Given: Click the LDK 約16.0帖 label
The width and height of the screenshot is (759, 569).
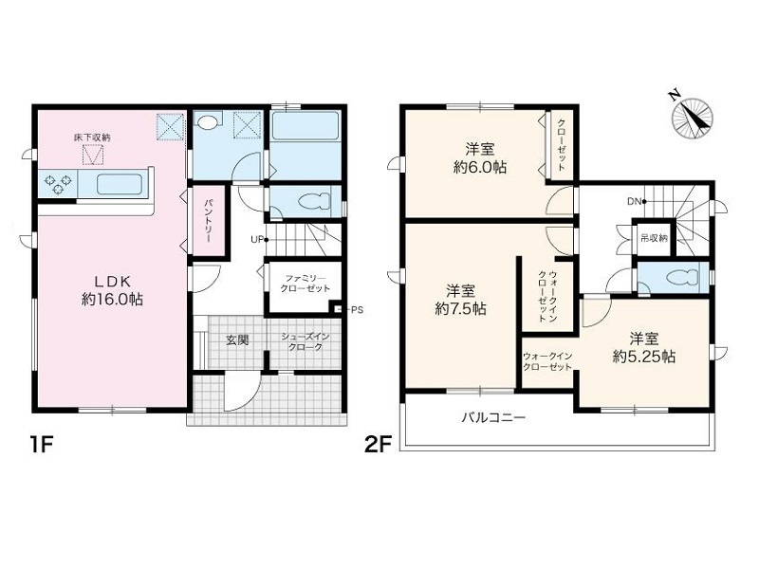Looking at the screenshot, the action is pyautogui.click(x=112, y=291).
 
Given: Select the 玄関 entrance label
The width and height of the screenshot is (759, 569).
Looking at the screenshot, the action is pyautogui.click(x=237, y=340).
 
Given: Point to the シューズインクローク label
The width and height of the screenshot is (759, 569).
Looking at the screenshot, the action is pyautogui.click(x=305, y=341).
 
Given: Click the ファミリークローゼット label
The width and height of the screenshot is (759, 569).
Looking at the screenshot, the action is pyautogui.click(x=305, y=284).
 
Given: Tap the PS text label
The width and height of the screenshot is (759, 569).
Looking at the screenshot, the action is pyautogui.click(x=357, y=310).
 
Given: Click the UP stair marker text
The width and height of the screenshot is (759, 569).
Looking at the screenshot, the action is pyautogui.click(x=256, y=239).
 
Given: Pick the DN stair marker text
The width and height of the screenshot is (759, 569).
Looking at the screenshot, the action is pyautogui.click(x=634, y=201).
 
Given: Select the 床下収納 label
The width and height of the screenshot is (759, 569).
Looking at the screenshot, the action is pyautogui.click(x=92, y=138).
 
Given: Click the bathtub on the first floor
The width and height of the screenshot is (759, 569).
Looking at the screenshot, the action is pyautogui.click(x=305, y=126).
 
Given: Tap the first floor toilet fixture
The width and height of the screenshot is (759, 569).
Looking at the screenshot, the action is pyautogui.click(x=315, y=201).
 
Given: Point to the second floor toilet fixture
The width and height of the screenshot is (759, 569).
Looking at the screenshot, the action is pyautogui.click(x=682, y=278).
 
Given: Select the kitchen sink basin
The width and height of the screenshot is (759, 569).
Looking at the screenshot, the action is pyautogui.click(x=120, y=184).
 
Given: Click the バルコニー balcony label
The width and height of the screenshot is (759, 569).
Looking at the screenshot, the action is pyautogui.click(x=492, y=417).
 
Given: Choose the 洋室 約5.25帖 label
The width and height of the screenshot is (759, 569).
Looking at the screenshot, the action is pyautogui.click(x=644, y=347).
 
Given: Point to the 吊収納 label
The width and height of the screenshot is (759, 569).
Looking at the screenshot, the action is pyautogui.click(x=654, y=238).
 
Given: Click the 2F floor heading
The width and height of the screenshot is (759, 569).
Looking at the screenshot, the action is pyautogui.click(x=377, y=445).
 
